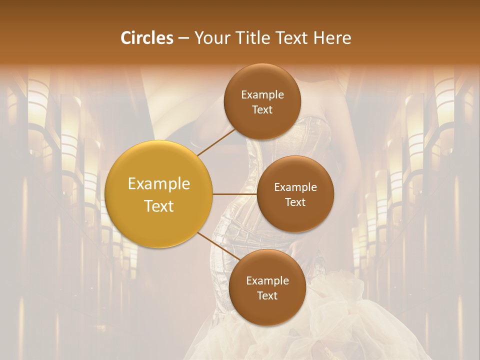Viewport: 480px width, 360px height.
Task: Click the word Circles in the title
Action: coord(147,38)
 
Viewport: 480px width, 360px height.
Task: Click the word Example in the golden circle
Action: coord(159,184)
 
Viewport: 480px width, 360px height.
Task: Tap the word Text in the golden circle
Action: coord(159,206)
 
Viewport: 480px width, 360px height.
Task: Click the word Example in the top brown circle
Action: coord(262,95)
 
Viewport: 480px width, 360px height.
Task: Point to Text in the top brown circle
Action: coord(262,109)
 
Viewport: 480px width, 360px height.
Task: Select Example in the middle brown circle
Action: coord(295,187)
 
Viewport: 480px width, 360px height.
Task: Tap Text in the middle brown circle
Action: coord(295,202)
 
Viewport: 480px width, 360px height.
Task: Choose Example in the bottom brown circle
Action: coord(267,281)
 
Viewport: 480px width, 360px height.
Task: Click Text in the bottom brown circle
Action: coord(267,295)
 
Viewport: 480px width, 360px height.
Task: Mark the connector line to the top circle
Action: coord(216,142)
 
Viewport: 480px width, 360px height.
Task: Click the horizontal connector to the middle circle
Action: coord(235,194)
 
